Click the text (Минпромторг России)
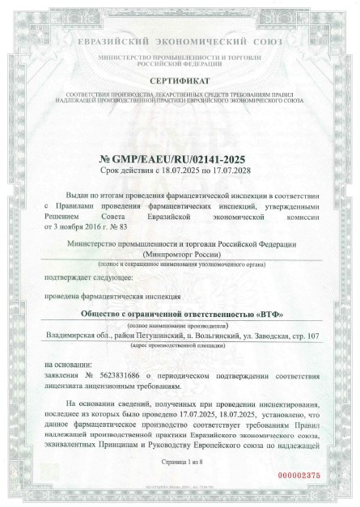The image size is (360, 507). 180,253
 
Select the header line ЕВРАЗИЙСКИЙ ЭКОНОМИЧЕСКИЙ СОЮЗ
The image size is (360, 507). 180,40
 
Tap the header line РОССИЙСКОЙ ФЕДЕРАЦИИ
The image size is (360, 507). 180,65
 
